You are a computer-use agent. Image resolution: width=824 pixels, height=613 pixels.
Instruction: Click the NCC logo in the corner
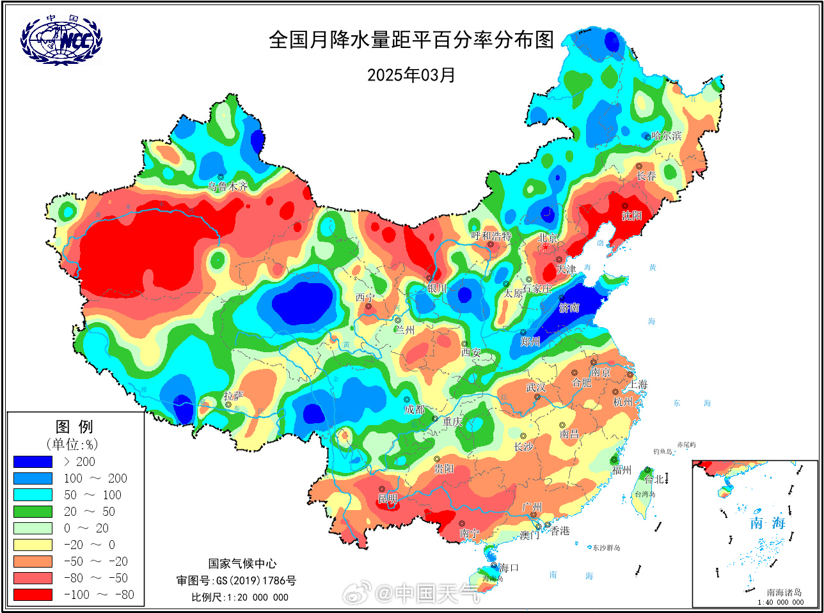tap(61, 40)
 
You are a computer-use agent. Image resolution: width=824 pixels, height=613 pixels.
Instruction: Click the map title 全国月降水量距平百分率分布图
tap(411, 40)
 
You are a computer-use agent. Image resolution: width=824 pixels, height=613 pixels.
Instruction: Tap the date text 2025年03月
tap(411, 75)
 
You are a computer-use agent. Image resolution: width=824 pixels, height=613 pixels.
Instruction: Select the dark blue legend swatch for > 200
tap(33, 462)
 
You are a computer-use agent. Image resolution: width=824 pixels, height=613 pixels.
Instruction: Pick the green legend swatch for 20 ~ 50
tap(33, 511)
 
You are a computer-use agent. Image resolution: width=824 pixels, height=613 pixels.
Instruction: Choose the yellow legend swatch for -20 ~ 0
tap(33, 545)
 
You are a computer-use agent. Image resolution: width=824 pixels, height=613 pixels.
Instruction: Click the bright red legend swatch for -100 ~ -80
tap(33, 594)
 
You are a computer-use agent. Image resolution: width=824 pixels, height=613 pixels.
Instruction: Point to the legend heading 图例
tap(74, 426)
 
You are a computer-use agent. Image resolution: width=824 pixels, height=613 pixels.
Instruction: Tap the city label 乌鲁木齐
tap(228, 187)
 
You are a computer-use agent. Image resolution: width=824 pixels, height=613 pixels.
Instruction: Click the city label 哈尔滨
tap(667, 136)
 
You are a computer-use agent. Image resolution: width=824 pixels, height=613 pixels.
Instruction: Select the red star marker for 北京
tap(545, 247)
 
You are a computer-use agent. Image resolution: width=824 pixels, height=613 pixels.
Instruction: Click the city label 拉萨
tap(234, 396)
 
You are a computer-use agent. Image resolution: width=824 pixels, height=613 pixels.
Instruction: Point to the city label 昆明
tap(388, 499)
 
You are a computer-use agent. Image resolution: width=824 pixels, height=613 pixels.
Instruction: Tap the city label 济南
tap(569, 308)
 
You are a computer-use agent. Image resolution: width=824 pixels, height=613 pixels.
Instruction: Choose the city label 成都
tap(415, 410)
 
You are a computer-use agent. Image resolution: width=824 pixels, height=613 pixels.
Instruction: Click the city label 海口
tap(509, 568)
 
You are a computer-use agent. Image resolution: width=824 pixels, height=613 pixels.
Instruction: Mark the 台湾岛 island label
tap(644, 494)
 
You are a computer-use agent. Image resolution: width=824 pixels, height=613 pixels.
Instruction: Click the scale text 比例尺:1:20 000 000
tap(240, 597)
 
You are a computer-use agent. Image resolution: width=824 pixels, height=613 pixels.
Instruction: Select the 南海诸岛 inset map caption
tap(784, 593)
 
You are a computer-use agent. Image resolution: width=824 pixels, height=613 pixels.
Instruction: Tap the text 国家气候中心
tap(242, 563)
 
